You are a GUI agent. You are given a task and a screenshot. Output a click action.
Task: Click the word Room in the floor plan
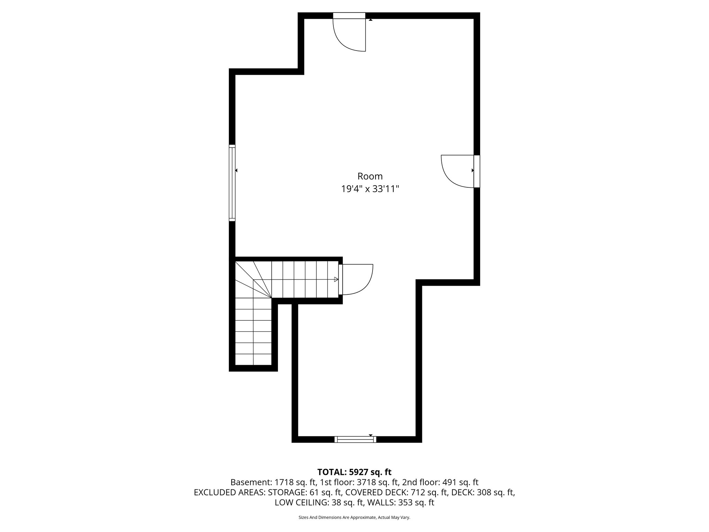[x=370, y=176]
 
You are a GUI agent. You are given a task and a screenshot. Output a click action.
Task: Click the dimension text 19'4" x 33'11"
[x=370, y=189]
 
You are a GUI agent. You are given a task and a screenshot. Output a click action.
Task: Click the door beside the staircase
[x=357, y=279]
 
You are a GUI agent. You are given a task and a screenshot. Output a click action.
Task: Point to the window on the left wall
[x=232, y=183]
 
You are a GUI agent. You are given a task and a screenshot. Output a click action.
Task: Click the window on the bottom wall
[x=355, y=439]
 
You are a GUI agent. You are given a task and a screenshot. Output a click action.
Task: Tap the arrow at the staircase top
[x=336, y=279]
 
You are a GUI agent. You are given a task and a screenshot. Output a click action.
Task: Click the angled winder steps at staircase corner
[x=254, y=281]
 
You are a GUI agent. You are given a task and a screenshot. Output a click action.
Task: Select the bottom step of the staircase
[x=253, y=359]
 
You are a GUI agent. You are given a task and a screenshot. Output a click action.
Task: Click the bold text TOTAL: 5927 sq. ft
[x=354, y=472]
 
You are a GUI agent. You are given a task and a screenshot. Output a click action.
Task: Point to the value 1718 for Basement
[x=283, y=482]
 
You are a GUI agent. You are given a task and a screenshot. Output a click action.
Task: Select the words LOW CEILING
[x=301, y=503]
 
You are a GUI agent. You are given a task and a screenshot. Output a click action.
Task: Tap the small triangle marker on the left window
[x=236, y=170]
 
